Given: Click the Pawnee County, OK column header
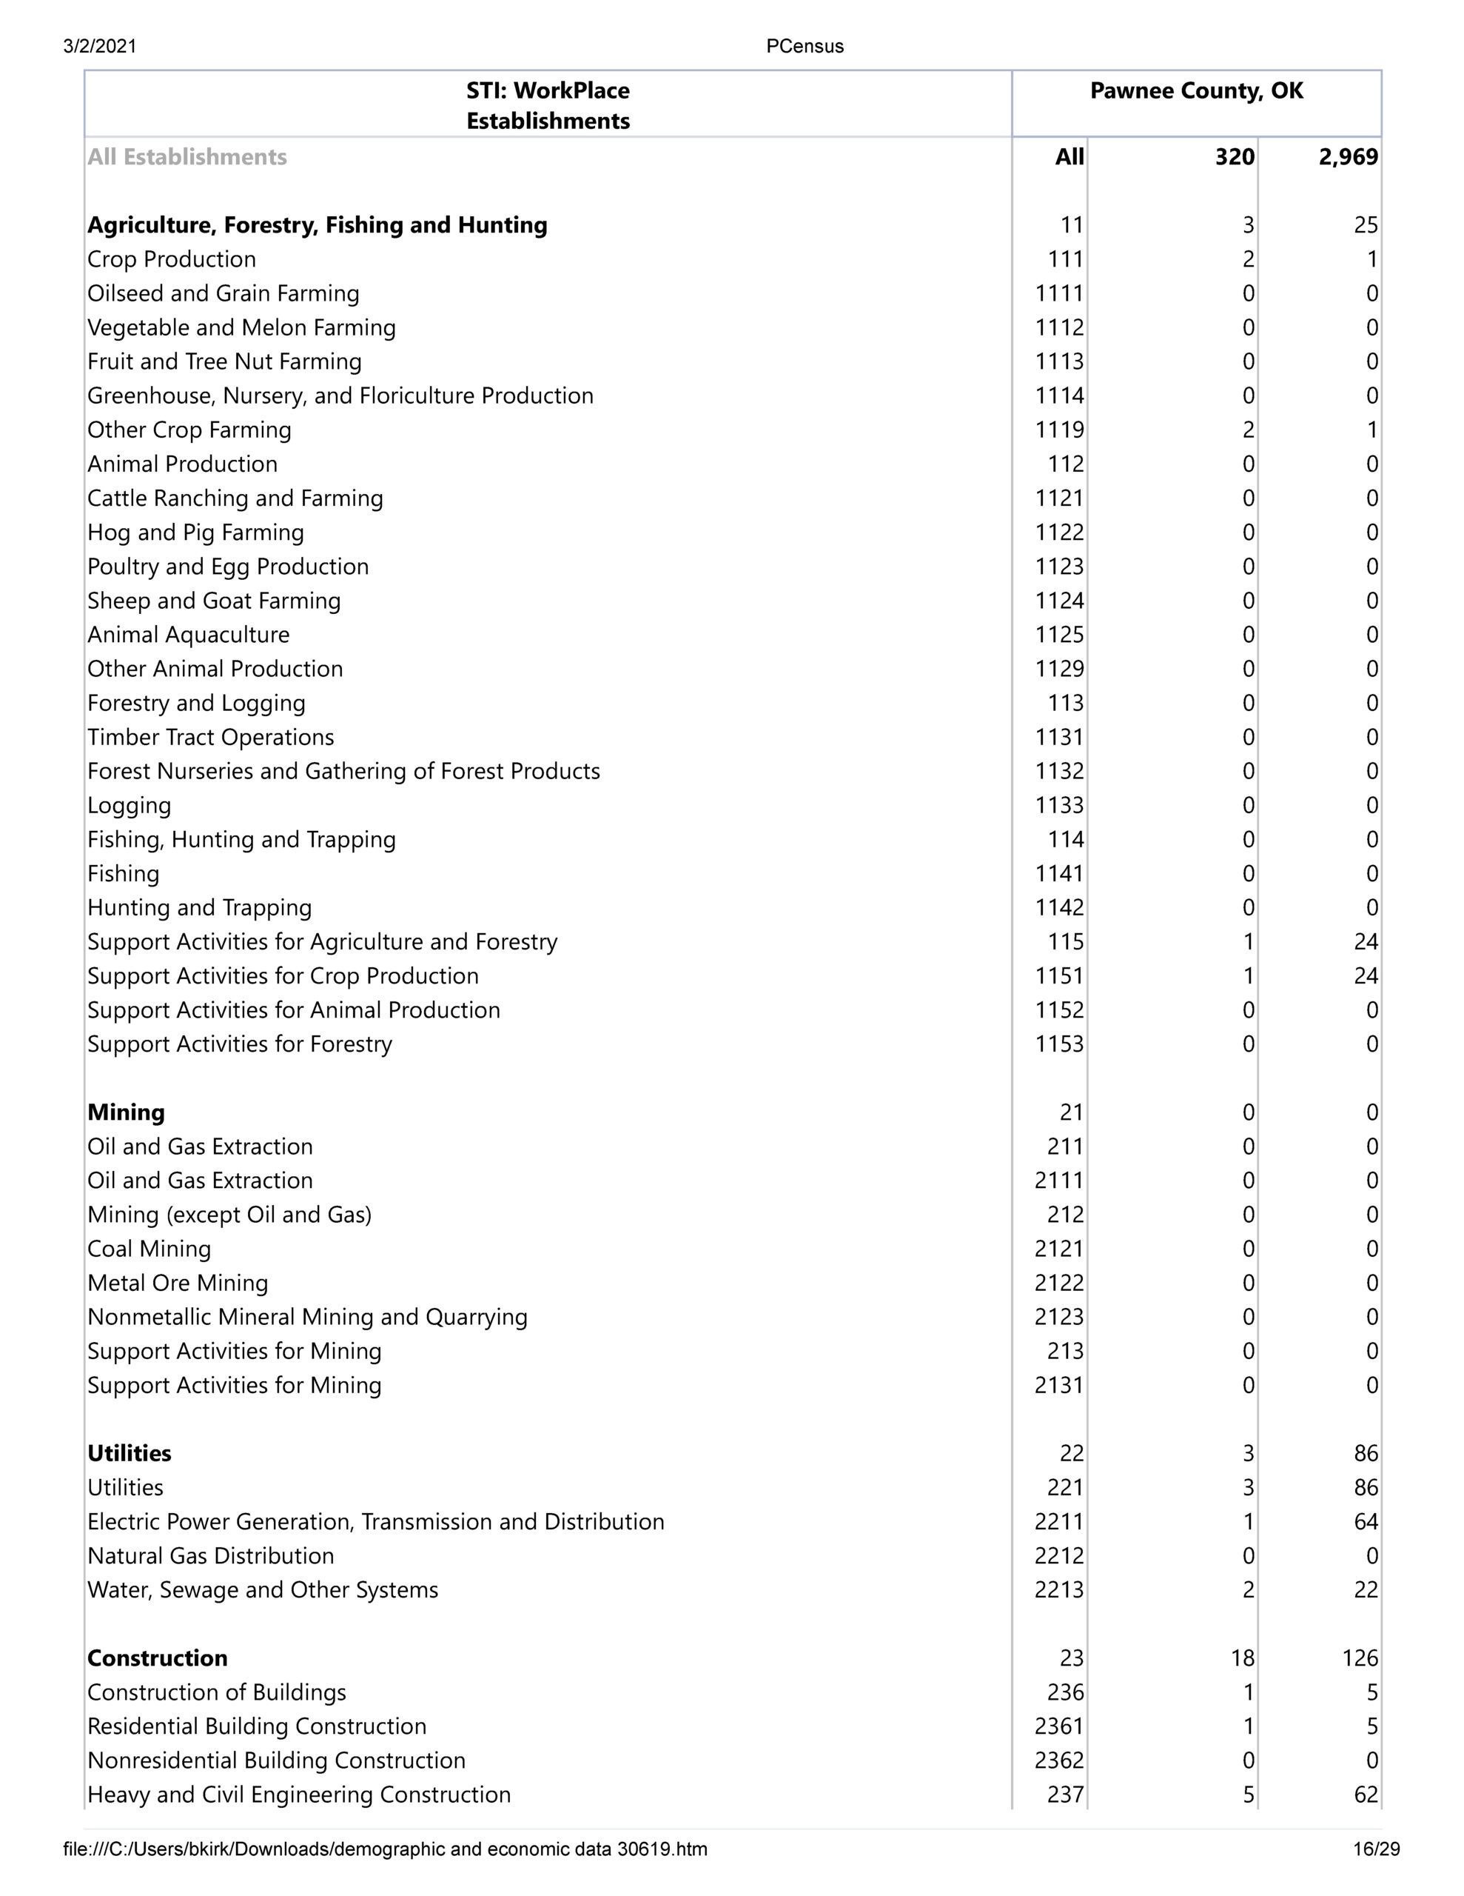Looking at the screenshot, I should tap(1196, 91).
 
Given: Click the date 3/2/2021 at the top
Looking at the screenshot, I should tap(100, 47).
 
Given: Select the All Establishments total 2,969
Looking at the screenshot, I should tap(1348, 157).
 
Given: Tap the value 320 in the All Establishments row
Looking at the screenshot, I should tap(1234, 157).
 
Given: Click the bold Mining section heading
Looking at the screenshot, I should tap(126, 1112).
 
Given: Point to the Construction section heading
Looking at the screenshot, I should tap(157, 1658).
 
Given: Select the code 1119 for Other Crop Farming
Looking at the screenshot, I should tap(1058, 430).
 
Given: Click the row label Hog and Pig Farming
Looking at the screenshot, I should tap(195, 533).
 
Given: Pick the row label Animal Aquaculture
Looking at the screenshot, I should tap(188, 635).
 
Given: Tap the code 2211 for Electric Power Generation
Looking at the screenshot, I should tap(1058, 1521).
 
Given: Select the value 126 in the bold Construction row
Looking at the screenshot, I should tap(1359, 1658).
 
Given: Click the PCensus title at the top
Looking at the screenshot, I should tap(805, 47).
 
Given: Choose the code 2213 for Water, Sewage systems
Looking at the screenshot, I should tap(1058, 1589).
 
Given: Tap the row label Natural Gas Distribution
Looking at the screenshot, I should tap(211, 1556).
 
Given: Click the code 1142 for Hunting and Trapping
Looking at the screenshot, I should tap(1058, 907).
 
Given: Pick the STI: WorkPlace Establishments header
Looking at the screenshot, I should tap(548, 106).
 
